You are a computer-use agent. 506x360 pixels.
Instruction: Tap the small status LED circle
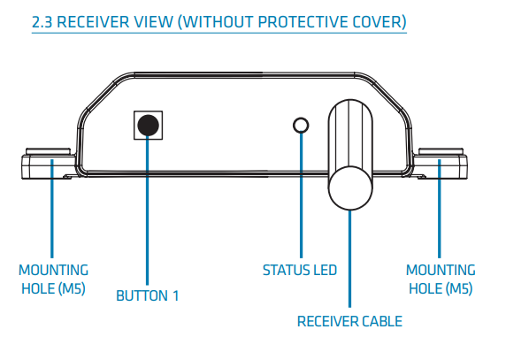pyautogui.click(x=302, y=124)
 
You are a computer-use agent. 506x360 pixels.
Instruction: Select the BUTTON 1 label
pyautogui.click(x=148, y=295)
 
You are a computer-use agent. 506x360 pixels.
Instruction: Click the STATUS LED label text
pyautogui.click(x=301, y=270)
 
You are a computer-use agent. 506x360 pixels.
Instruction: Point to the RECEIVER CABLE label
pyautogui.click(x=349, y=320)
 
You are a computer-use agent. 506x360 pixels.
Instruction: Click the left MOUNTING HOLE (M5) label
pyautogui.click(x=54, y=279)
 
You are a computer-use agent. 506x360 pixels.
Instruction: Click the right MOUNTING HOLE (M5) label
pyautogui.click(x=440, y=279)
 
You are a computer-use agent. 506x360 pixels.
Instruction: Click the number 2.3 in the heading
pyautogui.click(x=43, y=19)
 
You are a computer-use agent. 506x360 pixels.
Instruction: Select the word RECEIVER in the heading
pyautogui.click(x=96, y=19)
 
